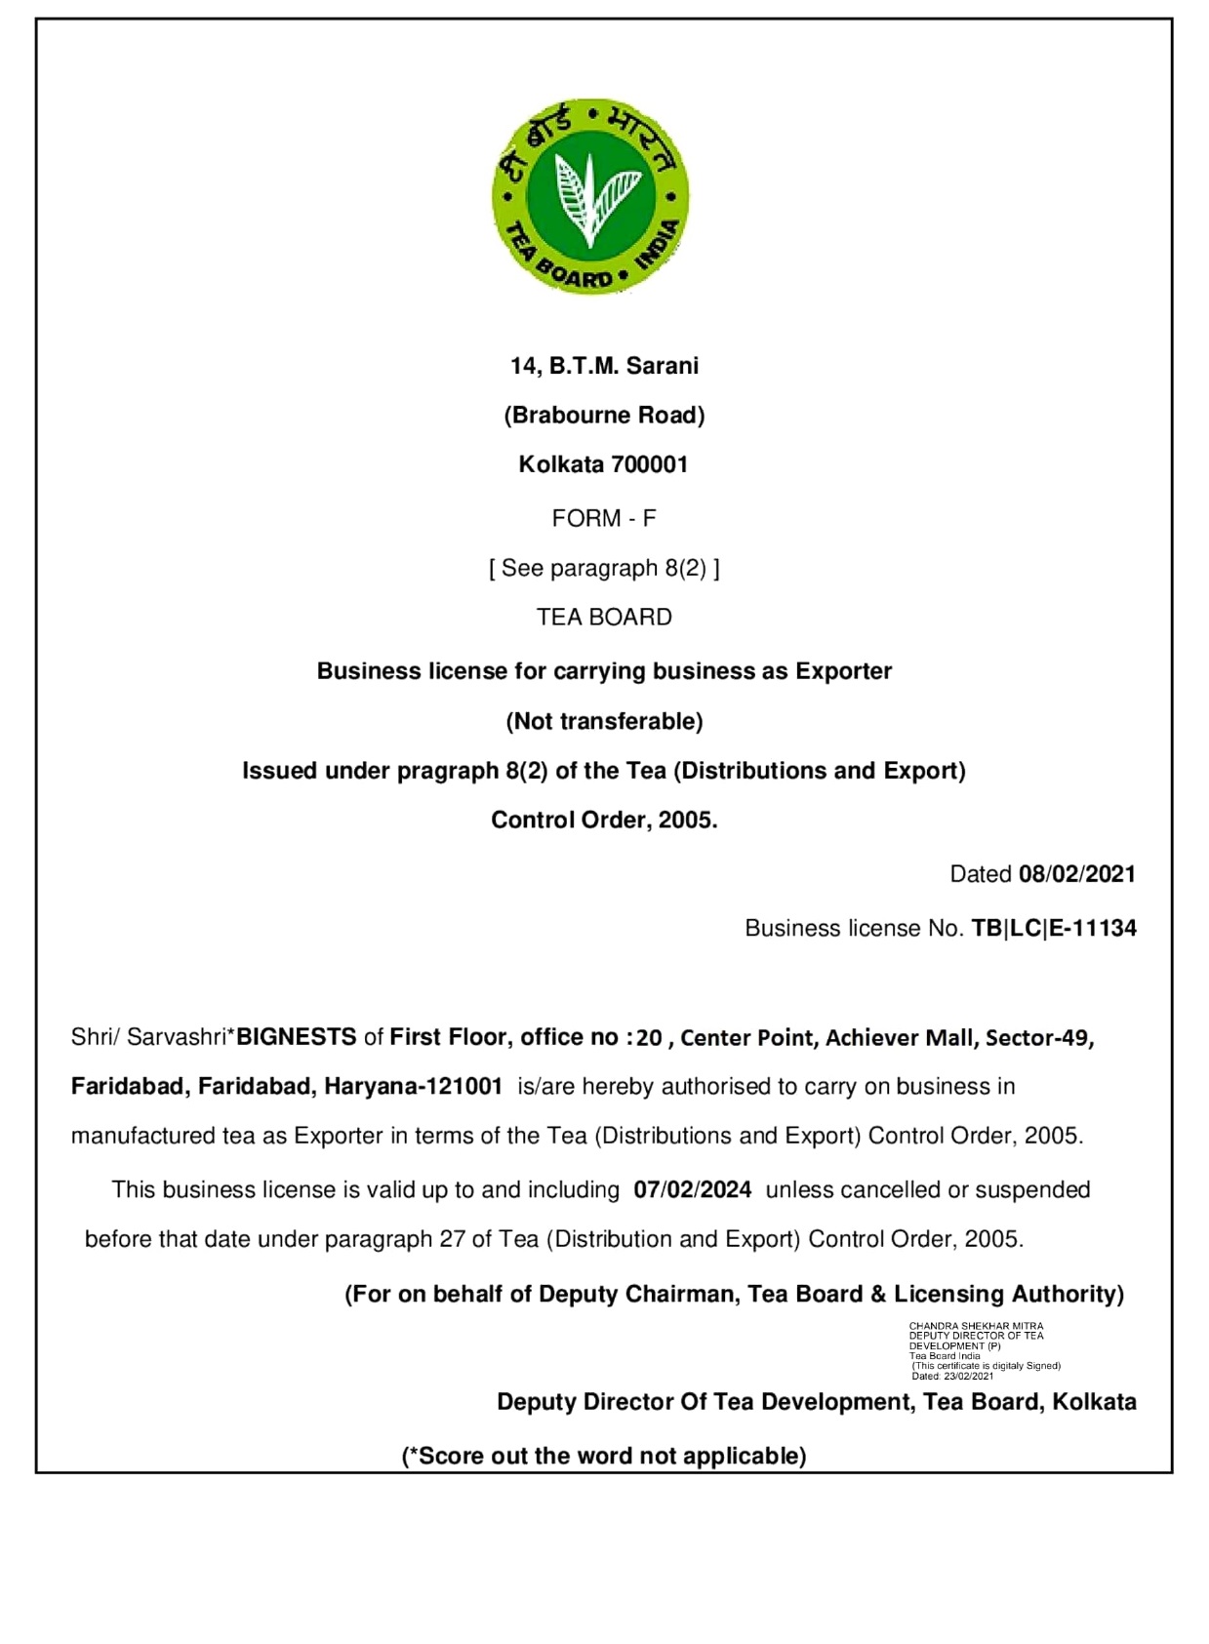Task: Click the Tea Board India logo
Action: click(x=589, y=196)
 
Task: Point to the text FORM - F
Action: click(x=604, y=518)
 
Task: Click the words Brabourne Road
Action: click(x=604, y=416)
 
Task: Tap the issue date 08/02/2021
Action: click(x=1077, y=874)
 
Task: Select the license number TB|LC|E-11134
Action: click(x=1054, y=928)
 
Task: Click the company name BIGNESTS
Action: click(x=297, y=1037)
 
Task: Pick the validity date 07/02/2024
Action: click(x=693, y=1190)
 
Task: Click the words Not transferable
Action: click(x=604, y=721)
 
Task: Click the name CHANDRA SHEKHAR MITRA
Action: click(x=976, y=1326)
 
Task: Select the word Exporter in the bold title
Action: click(x=843, y=671)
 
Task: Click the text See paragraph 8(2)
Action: click(x=604, y=568)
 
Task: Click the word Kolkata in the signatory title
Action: click(x=1094, y=1402)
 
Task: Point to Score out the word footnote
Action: click(x=604, y=1456)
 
